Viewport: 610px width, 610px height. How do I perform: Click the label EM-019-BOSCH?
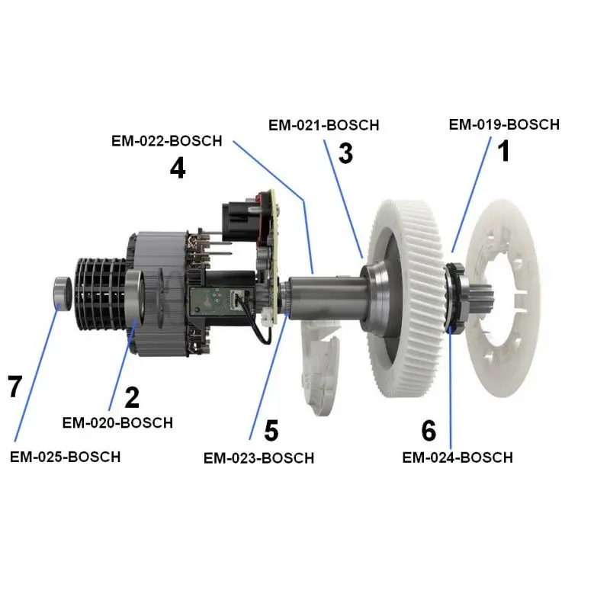point(504,124)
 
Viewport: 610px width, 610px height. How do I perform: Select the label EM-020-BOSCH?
point(117,422)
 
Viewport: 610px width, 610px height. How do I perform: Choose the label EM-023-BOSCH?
point(258,458)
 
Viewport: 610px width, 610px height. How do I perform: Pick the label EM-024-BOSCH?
point(457,457)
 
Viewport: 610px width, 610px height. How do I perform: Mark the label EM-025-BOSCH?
point(65,457)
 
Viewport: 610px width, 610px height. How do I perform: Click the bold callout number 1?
point(503,152)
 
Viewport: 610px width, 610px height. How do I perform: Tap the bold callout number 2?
point(132,397)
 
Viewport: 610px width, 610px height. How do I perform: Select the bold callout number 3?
point(345,153)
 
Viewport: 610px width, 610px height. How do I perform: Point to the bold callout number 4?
point(178,167)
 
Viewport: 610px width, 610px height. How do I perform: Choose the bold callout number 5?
point(271,431)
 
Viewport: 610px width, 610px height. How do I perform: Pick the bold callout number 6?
point(429,431)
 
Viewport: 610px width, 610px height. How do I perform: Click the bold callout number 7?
point(15,387)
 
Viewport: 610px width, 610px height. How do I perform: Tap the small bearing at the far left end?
point(61,293)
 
